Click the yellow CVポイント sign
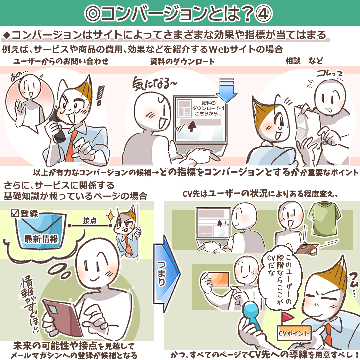point(294,333)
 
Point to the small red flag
point(287,317)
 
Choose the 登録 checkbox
point(15,213)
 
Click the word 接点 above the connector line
point(90,221)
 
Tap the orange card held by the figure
point(218,279)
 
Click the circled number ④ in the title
point(263,14)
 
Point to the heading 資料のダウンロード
point(183,62)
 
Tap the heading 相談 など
point(304,61)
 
